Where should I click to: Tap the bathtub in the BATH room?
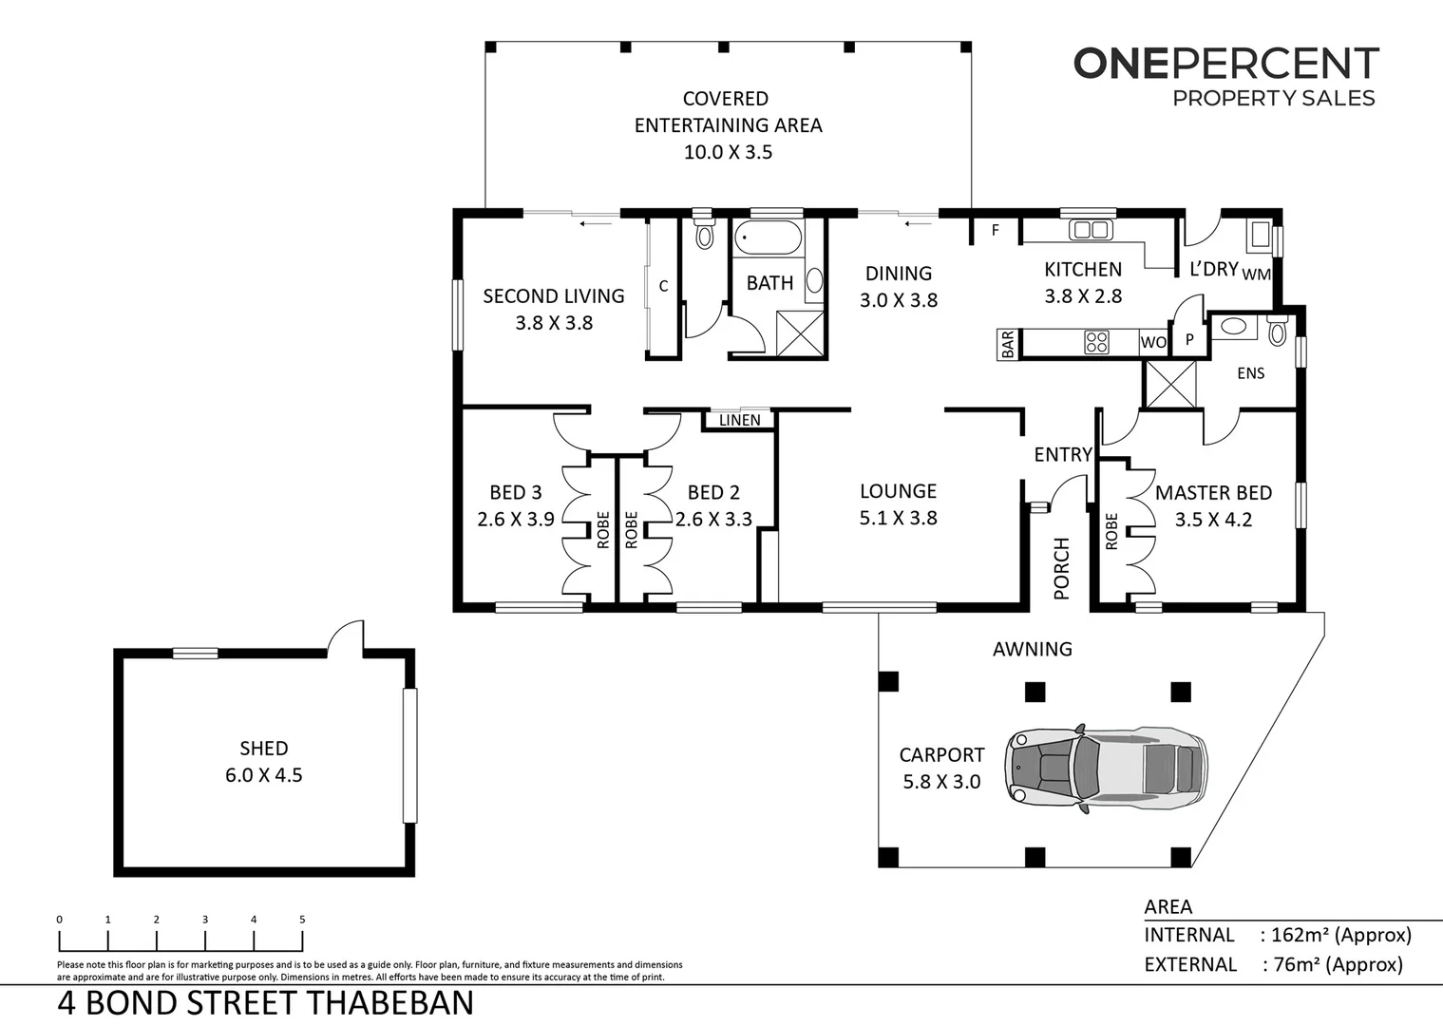(x=768, y=237)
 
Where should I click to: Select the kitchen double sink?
(x=1090, y=229)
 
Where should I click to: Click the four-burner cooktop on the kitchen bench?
(x=1095, y=342)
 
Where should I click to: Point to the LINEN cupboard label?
(x=739, y=420)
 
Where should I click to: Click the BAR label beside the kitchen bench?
(x=1008, y=343)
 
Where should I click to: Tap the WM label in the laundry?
(x=1256, y=275)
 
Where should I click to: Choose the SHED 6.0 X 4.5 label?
(x=263, y=762)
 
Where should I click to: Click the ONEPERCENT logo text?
(x=1225, y=64)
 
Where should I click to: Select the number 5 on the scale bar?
(x=302, y=919)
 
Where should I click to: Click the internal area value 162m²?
(x=1304, y=935)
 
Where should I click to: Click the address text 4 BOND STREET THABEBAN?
(x=266, y=1003)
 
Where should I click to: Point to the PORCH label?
(x=1061, y=568)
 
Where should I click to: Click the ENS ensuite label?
(x=1250, y=373)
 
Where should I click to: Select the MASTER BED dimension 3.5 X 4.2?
(x=1213, y=520)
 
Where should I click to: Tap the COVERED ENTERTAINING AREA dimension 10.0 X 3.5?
(x=728, y=152)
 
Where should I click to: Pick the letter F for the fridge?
(x=995, y=230)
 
